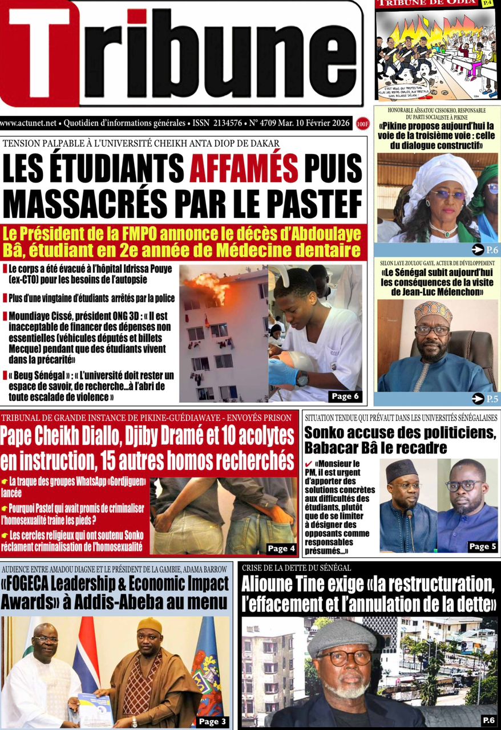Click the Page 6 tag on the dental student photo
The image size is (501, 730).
(x=344, y=396)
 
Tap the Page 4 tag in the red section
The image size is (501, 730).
(x=281, y=548)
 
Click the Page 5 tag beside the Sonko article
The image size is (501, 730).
(x=482, y=546)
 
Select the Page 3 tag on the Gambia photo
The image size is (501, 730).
(x=212, y=721)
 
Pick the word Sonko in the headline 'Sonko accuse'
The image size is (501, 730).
(x=328, y=432)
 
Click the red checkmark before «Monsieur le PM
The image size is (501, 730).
(x=309, y=465)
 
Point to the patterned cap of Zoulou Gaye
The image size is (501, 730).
(x=433, y=312)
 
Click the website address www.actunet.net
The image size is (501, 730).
(x=29, y=123)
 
